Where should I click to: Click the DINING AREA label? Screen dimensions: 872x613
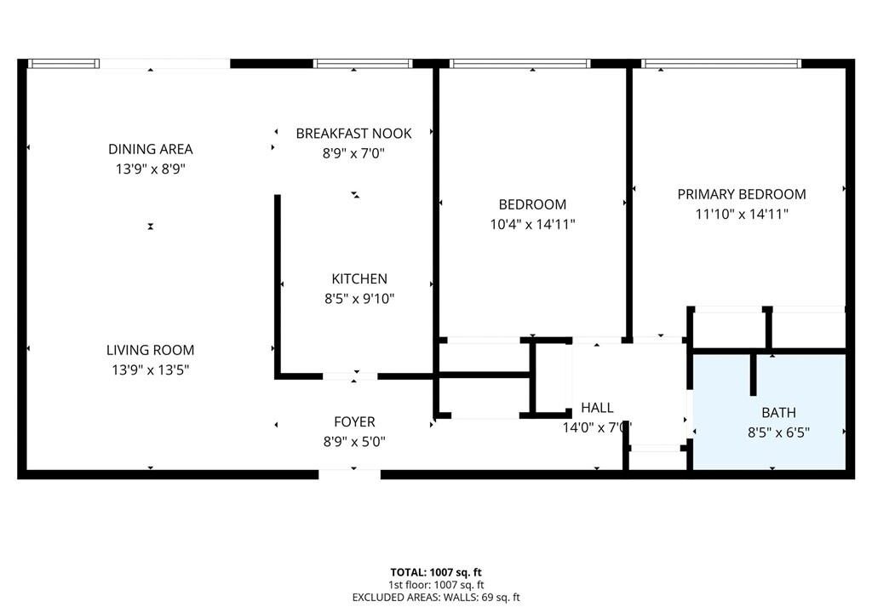pos(150,149)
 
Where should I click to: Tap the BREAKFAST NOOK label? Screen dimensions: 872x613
pos(353,134)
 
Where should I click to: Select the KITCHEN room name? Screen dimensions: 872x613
pos(359,278)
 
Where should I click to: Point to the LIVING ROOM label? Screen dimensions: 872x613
pos(150,350)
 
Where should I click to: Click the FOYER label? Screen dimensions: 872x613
pos(354,421)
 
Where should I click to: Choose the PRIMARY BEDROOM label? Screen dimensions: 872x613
pos(742,194)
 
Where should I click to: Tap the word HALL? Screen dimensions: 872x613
pos(597,408)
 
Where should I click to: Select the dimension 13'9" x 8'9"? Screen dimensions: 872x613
pos(150,169)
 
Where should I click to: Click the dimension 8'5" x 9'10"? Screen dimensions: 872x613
pos(359,299)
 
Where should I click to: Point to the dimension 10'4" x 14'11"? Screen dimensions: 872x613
pos(532,224)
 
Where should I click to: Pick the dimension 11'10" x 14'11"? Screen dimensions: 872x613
pos(742,215)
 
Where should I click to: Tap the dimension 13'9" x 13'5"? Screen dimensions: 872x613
pos(150,370)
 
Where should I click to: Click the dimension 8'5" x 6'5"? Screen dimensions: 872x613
pos(778,433)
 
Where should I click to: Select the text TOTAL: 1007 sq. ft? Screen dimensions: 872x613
pos(436,572)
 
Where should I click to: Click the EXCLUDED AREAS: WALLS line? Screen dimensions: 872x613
pos(436,598)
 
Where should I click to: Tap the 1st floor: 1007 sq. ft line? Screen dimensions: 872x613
pos(436,585)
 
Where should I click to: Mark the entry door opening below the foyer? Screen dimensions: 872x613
pos(350,474)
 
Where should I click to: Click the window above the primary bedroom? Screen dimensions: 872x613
pos(721,63)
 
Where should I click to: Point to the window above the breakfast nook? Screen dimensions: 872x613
pos(363,63)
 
